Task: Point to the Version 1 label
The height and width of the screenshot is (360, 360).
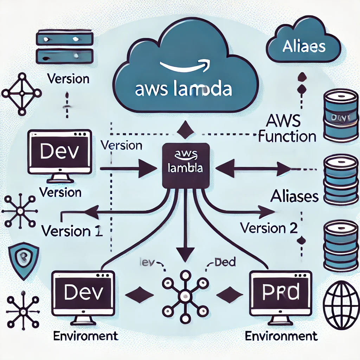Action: pos(72,231)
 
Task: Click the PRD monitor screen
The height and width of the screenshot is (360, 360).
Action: pos(280,292)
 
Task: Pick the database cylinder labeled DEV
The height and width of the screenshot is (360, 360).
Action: pos(340,116)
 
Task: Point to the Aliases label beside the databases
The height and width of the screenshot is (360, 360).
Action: pos(294,197)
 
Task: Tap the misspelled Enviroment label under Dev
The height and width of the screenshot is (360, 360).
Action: pos(85,336)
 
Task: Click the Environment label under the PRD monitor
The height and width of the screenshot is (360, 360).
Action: pos(281,336)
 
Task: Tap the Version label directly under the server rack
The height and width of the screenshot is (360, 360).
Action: pos(67,78)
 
